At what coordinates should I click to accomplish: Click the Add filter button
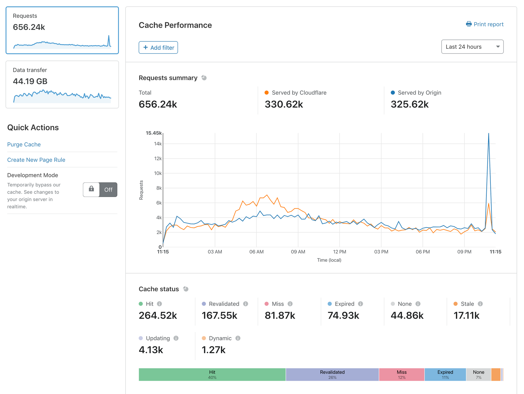tap(158, 47)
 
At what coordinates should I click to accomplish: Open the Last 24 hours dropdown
tap(472, 47)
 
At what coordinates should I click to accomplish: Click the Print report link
tap(485, 24)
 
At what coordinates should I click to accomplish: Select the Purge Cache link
tap(24, 144)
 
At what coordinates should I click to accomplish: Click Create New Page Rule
tap(36, 160)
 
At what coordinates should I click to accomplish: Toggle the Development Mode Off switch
tap(100, 189)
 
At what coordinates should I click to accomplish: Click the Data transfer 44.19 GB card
tap(62, 84)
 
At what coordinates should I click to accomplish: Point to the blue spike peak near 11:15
tap(489, 134)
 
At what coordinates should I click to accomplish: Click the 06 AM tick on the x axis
tap(256, 252)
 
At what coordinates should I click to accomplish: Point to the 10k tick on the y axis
tap(158, 173)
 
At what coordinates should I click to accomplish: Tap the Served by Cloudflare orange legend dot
tap(266, 92)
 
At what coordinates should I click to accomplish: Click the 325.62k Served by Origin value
tap(410, 104)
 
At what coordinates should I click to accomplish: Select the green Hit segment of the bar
tap(212, 375)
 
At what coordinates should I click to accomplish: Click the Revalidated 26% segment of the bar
tap(332, 375)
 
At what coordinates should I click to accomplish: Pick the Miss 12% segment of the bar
tap(401, 375)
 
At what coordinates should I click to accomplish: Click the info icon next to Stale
tap(480, 304)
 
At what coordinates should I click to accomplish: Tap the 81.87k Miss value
tap(280, 315)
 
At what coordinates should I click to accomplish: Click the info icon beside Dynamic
tap(238, 338)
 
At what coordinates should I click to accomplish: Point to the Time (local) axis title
tap(329, 260)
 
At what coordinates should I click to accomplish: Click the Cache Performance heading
tap(175, 25)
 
